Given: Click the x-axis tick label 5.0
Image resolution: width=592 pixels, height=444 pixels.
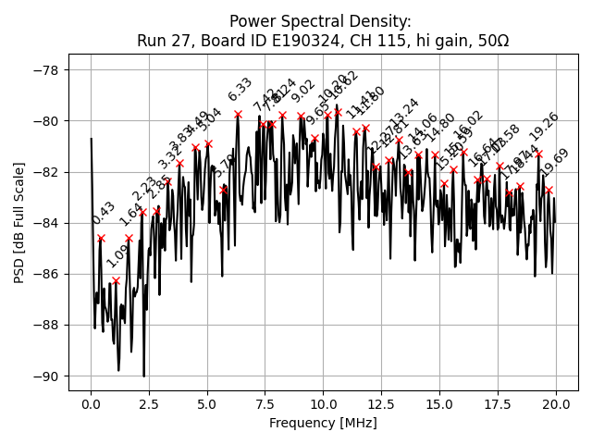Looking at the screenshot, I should coord(207,404).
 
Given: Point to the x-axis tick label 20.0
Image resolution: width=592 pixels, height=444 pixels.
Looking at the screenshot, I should coord(556,404).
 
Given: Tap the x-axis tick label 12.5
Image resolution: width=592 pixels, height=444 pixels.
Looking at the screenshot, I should coord(381,404).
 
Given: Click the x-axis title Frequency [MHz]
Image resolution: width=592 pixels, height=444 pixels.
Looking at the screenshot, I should coord(323,423).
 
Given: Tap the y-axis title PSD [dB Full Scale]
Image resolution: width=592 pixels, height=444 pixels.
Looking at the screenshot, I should coord(18,222).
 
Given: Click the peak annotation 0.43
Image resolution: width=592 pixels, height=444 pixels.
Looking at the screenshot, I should coord(104,213).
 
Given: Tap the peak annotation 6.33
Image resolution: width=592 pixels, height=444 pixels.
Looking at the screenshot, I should coord(240,89).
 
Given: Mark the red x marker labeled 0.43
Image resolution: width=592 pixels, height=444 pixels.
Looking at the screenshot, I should coord(101,238).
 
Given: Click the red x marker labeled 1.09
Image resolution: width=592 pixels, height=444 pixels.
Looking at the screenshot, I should coord(116,280).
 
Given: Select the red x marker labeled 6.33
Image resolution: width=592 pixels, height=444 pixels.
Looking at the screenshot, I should coord(238,114).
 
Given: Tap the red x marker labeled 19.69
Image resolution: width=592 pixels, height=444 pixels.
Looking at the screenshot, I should coord(549,190).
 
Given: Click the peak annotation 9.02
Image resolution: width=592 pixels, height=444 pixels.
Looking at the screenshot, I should coord(303,91).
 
